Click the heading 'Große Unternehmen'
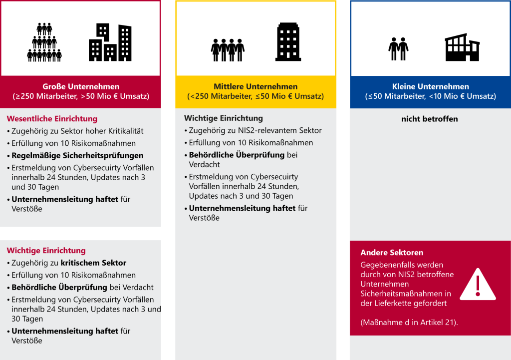pos(80,86)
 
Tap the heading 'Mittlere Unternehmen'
pos(255,86)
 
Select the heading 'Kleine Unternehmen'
pos(430,86)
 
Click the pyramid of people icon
pos(44,42)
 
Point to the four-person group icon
pos(228,48)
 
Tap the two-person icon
pos(398,48)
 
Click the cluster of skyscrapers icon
pos(110,42)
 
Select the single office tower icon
pos(288,42)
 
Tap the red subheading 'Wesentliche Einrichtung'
pos(52,119)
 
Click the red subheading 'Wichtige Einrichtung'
pos(46,251)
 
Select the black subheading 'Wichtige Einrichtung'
pos(223,118)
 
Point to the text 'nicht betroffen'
pos(430,119)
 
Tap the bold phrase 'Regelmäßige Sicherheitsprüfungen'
pos(77,155)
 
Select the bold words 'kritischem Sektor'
pos(93,263)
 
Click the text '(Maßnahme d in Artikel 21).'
pos(409,322)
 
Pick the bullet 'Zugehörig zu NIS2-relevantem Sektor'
pos(255,130)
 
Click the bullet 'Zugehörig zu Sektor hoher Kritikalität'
pos(77,131)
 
